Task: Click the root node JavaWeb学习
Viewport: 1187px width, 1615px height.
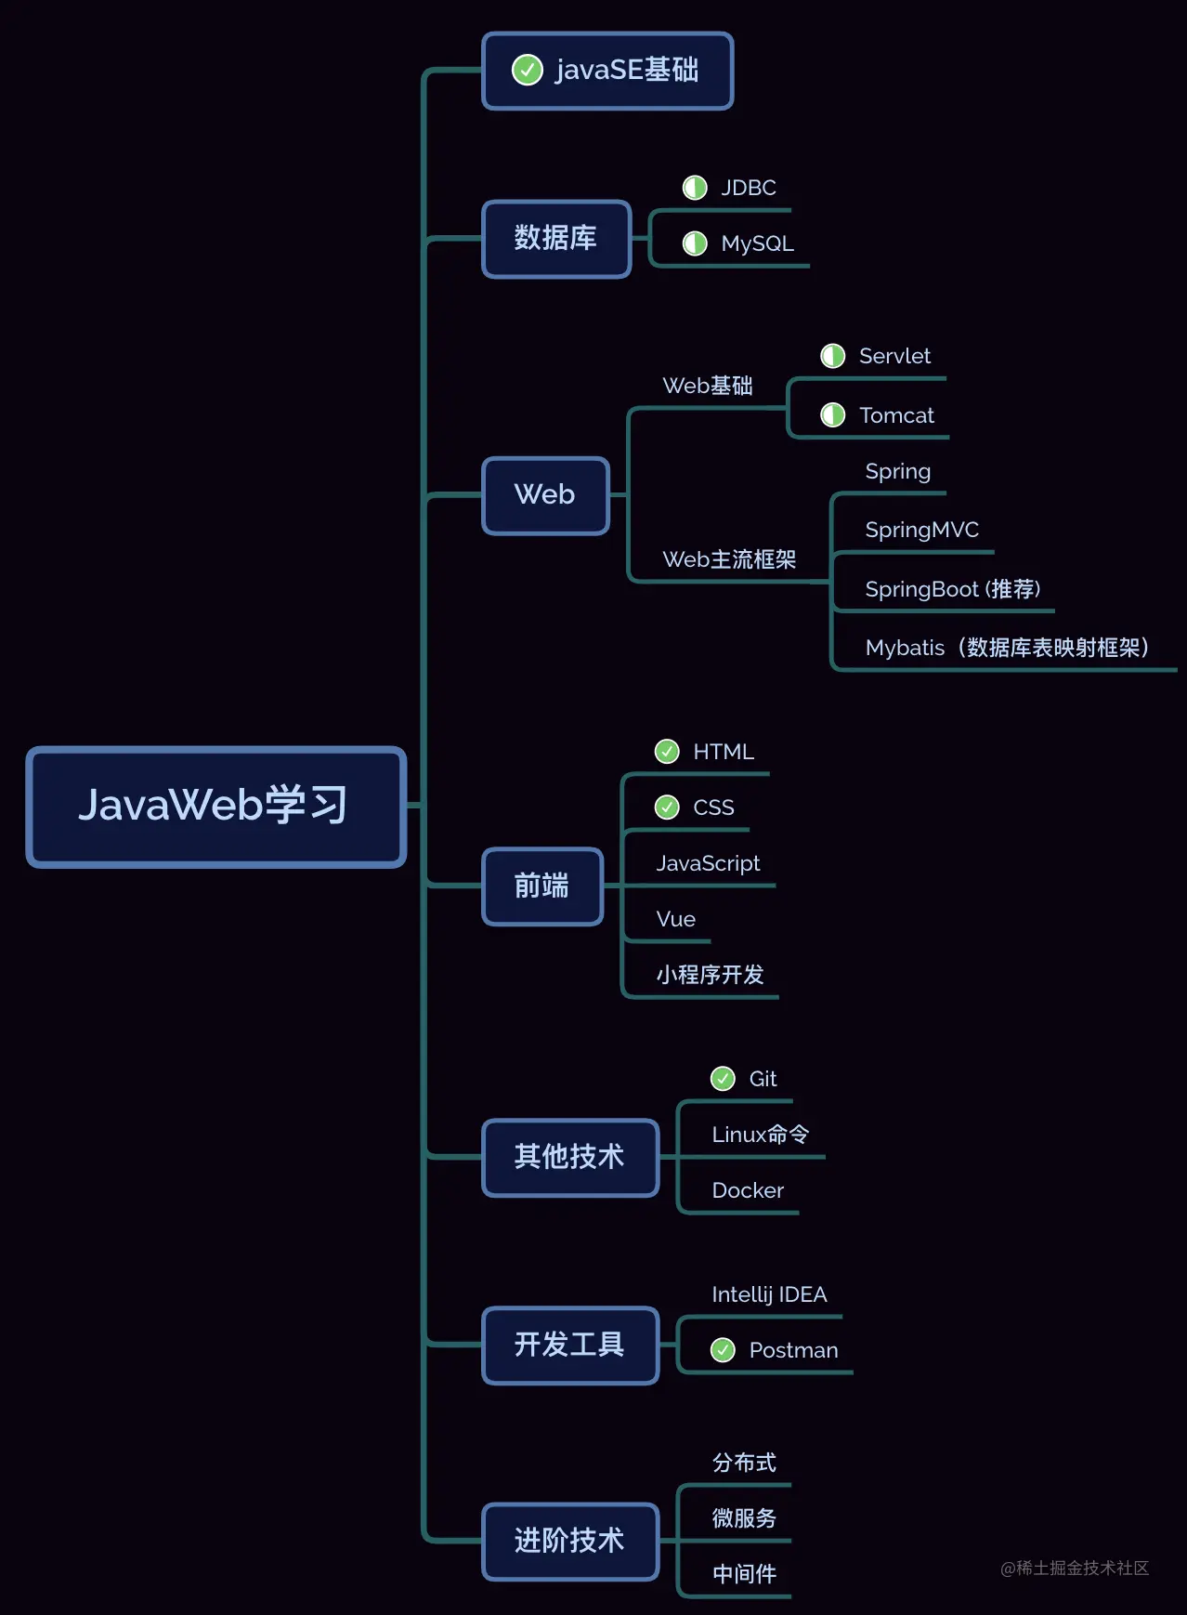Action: (215, 806)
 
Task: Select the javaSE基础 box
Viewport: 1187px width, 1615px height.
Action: (607, 71)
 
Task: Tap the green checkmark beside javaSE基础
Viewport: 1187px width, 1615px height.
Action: (528, 70)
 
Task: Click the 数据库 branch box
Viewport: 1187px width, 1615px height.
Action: (555, 239)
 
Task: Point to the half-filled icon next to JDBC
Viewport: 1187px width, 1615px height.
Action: (695, 188)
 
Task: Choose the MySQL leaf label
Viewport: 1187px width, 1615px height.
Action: (757, 243)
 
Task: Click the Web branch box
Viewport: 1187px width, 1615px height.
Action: (545, 495)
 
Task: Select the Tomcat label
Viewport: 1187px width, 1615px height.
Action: (896, 415)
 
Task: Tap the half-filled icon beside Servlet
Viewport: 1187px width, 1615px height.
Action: (832, 356)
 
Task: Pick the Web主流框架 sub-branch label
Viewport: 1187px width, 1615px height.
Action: (729, 559)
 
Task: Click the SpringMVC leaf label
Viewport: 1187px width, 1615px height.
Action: (921, 530)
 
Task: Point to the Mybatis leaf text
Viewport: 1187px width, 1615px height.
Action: (1007, 648)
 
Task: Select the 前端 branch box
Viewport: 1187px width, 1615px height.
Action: (542, 886)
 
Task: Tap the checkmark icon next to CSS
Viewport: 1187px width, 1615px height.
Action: (667, 807)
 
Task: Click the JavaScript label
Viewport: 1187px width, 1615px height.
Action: (708, 863)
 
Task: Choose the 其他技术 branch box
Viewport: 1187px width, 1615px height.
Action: (569, 1157)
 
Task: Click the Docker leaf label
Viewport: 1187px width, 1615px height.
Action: (748, 1190)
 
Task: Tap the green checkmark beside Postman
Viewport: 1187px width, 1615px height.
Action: (723, 1350)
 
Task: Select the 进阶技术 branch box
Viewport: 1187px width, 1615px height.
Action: (569, 1541)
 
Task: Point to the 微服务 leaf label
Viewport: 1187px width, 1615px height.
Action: (744, 1518)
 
